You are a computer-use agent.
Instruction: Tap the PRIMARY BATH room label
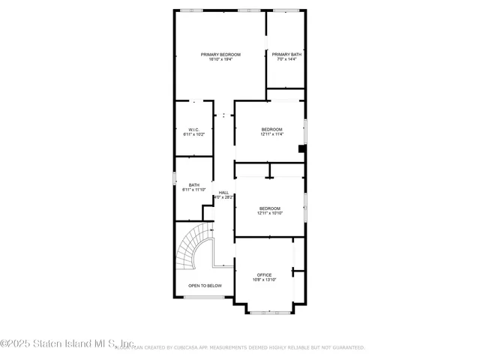pos(286,54)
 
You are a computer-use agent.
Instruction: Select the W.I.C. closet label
pos(193,128)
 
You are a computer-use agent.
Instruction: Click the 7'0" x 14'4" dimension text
pos(286,59)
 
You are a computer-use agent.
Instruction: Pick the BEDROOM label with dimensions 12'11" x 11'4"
pos(271,129)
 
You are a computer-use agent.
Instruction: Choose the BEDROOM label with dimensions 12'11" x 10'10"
pos(269,208)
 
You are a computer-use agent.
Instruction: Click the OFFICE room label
pos(264,274)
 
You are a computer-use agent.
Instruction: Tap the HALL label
pos(223,193)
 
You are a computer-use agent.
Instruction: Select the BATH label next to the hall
pos(193,184)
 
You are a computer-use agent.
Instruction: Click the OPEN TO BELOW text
pos(205,286)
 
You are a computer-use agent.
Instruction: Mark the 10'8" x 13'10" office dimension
pos(264,280)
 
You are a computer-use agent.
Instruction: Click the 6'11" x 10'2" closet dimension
pos(193,133)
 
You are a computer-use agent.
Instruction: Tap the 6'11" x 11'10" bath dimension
pos(193,190)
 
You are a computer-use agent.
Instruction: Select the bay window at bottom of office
pos(271,311)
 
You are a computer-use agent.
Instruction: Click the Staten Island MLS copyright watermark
pos(67,344)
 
